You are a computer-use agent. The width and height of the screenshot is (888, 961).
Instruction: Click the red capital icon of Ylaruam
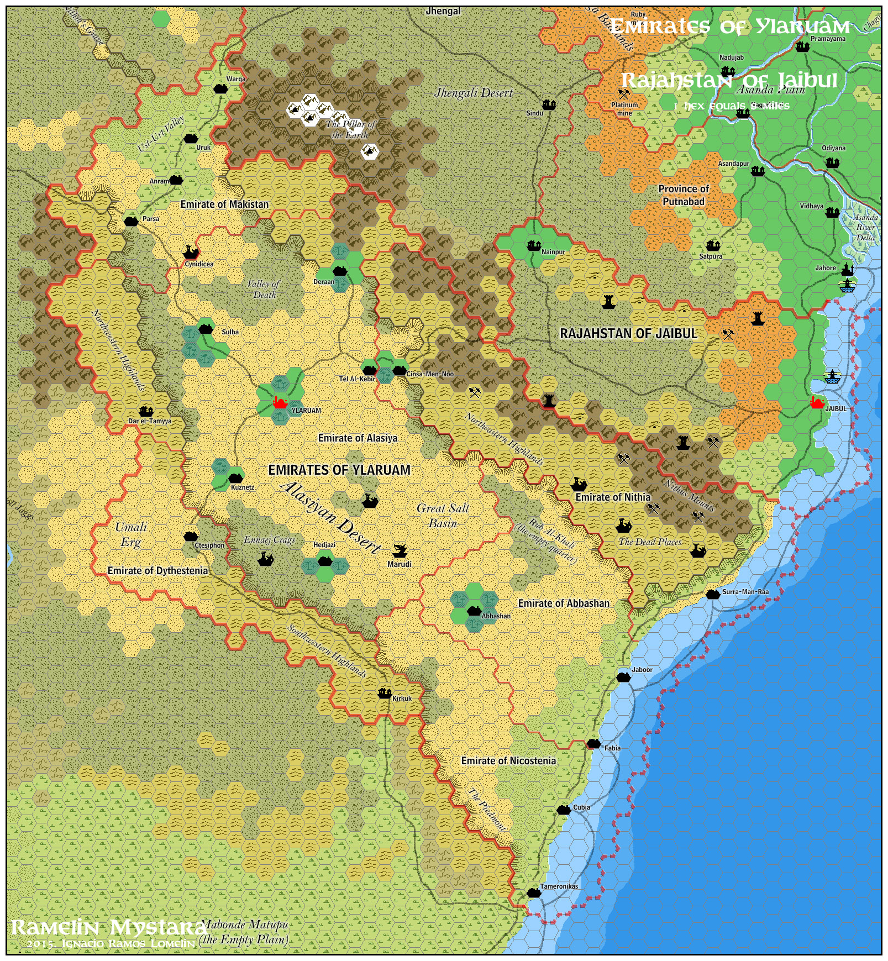tap(280, 403)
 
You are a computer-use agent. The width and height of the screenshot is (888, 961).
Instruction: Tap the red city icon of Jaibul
tap(817, 403)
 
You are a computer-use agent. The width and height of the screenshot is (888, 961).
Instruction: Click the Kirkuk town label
tap(402, 699)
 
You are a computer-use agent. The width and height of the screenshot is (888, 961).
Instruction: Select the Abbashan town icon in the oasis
tap(474, 611)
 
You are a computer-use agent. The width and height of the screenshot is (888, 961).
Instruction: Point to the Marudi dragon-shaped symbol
tap(399, 550)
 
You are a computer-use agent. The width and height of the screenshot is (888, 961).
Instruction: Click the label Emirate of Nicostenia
tap(508, 761)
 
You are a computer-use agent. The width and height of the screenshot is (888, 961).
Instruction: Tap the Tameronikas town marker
tap(533, 892)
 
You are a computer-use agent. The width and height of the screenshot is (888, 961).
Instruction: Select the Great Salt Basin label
tap(443, 516)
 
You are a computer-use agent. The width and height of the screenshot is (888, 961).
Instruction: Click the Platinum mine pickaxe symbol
tap(624, 94)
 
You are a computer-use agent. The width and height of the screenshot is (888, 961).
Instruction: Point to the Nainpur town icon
tap(534, 246)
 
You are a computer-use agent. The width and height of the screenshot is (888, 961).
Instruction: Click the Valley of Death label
tap(264, 289)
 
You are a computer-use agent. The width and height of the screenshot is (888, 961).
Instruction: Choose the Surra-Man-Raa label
tap(745, 591)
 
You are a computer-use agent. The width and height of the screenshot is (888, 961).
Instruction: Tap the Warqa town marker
tap(220, 88)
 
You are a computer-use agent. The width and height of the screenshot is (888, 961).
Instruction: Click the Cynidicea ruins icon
tap(191, 253)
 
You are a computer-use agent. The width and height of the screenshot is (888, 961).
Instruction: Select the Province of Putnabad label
tap(684, 195)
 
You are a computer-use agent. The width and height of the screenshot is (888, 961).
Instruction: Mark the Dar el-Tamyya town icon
tap(146, 412)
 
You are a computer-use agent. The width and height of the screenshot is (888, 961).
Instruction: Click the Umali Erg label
tap(131, 534)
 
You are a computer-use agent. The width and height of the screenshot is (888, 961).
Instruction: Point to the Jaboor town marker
tap(623, 677)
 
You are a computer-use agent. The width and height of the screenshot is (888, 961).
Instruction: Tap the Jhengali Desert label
tap(474, 93)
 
